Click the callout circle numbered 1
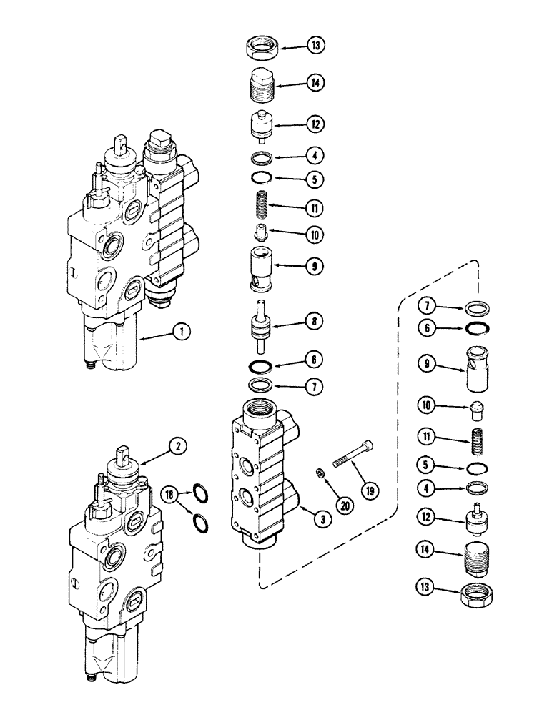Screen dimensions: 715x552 click(x=184, y=331)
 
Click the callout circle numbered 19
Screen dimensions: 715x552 click(x=371, y=491)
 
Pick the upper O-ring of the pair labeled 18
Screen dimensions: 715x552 click(x=202, y=493)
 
